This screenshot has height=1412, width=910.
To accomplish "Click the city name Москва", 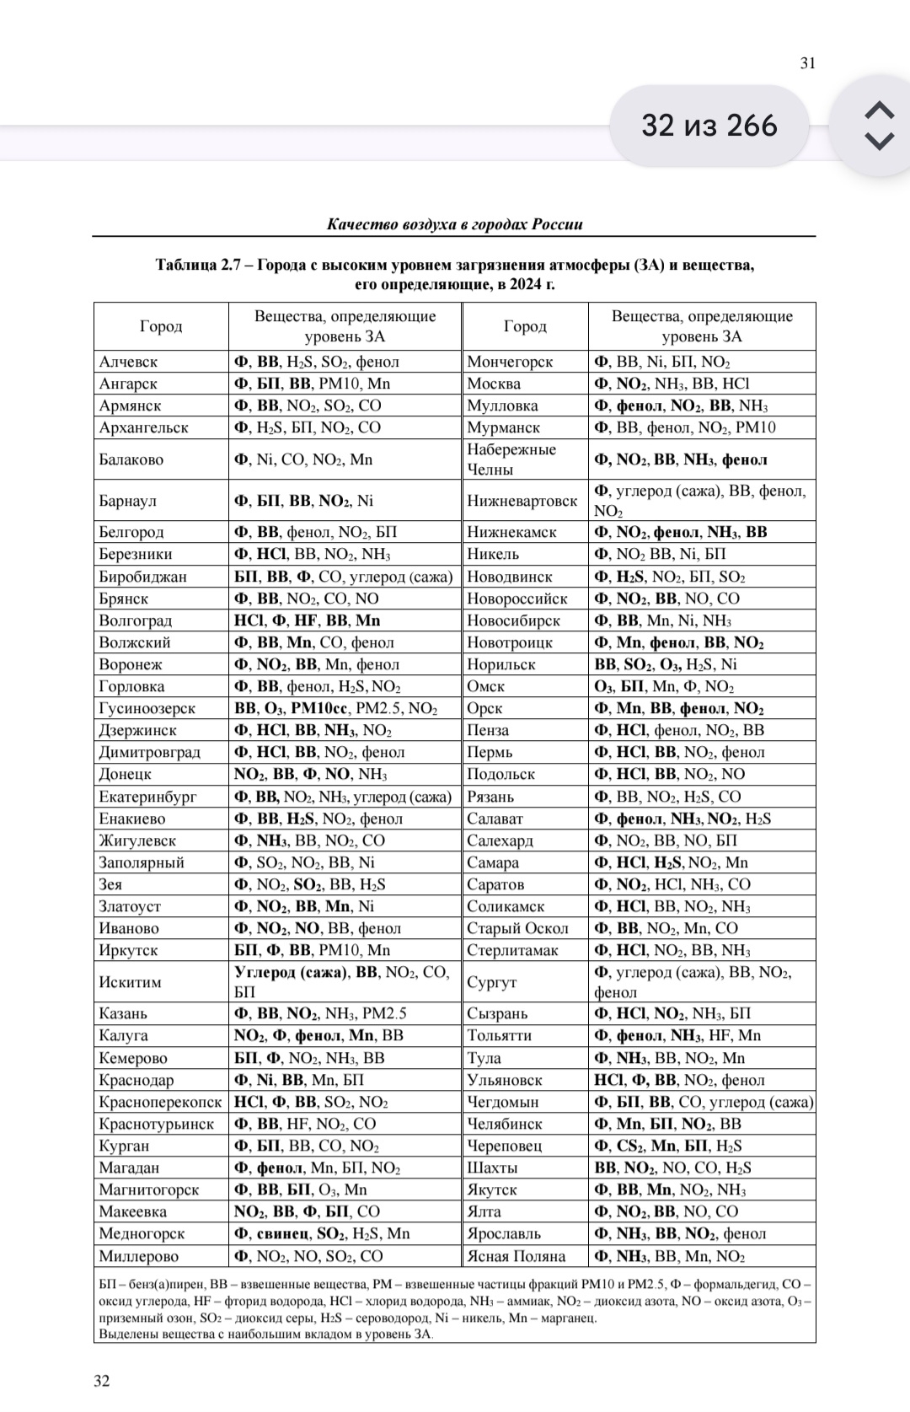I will (x=494, y=384).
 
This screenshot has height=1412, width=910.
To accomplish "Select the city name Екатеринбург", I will (x=147, y=797).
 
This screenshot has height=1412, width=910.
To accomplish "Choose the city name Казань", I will (x=123, y=1013).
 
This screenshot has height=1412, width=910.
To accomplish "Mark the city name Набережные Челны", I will (x=511, y=459).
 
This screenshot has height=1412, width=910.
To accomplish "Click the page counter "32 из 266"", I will (x=709, y=126).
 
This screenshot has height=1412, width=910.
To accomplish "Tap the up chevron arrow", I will (x=879, y=110).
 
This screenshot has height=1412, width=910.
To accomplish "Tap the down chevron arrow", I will (x=879, y=141).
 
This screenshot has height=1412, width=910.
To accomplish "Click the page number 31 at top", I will (x=807, y=63).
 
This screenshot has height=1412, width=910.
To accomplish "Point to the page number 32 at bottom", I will (x=101, y=1381).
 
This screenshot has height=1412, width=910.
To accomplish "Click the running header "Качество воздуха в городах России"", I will (x=454, y=224).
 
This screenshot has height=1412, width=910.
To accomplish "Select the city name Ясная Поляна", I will (x=516, y=1256).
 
